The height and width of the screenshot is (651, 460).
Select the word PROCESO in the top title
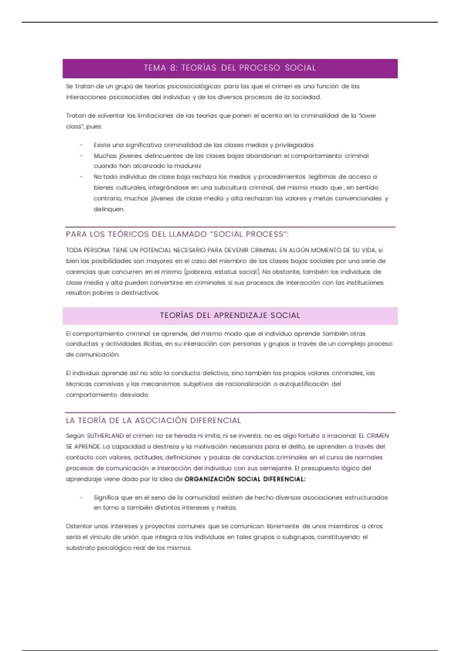[260, 68]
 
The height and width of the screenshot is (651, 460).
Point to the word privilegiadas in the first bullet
[294, 145]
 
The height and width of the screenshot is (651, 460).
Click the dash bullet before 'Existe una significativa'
[81, 145]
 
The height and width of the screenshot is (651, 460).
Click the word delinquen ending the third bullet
[109, 209]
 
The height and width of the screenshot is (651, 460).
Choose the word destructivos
[140, 293]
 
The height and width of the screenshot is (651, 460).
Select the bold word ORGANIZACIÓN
[209, 479]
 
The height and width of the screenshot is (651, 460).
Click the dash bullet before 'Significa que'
[81, 498]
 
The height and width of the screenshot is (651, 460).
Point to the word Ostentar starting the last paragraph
[79, 527]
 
